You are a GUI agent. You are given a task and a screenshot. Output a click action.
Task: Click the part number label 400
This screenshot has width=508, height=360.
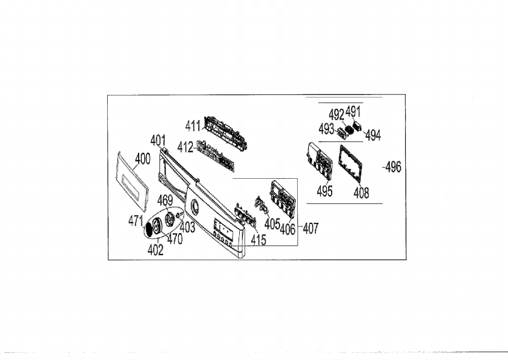coord(143,158)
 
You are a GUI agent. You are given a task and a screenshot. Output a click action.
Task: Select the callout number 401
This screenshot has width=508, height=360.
coord(158,140)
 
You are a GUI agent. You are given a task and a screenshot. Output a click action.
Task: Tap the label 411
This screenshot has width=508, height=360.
coord(193,125)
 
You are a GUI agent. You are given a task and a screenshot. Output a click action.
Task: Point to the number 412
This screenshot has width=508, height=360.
coord(185,147)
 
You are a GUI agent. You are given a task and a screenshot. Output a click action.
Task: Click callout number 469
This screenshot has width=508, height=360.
coord(165,200)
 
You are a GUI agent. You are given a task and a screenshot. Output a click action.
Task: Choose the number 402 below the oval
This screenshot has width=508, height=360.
coord(155,250)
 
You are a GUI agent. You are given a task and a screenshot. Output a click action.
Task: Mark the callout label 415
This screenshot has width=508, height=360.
coord(259,240)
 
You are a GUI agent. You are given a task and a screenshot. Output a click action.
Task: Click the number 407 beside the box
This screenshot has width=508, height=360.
coord(311,228)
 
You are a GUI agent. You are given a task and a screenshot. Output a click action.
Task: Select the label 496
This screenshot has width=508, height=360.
coord(393,167)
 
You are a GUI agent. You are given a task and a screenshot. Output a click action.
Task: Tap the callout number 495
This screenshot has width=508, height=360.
coord(325,191)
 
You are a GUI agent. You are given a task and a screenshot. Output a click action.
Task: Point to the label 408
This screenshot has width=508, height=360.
coord(361,193)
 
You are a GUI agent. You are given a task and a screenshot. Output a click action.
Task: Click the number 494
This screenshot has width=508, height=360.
coord(373,136)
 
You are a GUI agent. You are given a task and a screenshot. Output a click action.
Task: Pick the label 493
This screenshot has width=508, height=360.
coord(326,129)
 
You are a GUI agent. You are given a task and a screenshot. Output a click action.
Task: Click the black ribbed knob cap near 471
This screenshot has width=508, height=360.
coord(148,230)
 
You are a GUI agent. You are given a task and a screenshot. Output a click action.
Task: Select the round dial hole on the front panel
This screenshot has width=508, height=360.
coord(195,206)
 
